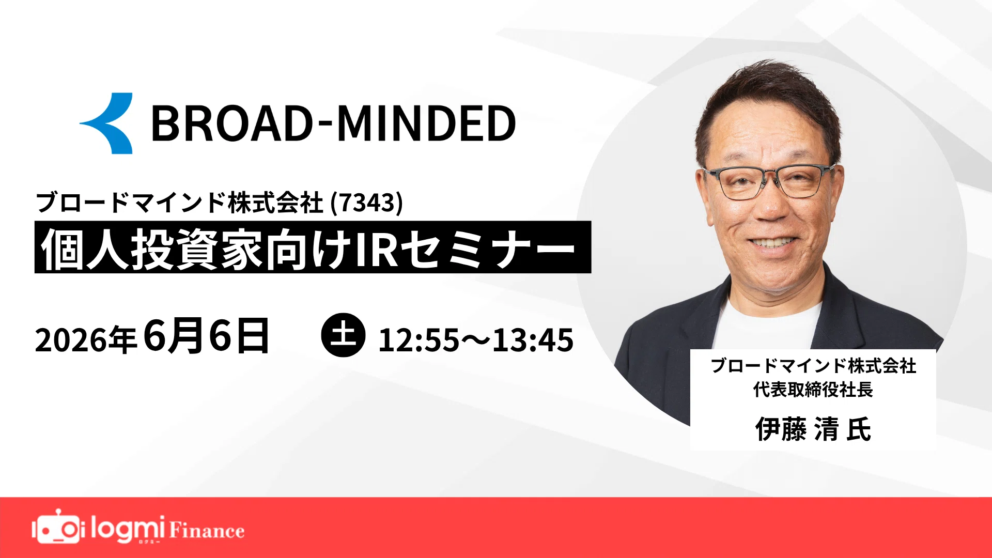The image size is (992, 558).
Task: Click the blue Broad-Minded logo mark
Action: tap(109, 123)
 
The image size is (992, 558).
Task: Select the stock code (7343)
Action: tap(366, 203)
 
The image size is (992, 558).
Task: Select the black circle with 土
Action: tap(343, 335)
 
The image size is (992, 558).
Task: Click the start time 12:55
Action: tap(419, 340)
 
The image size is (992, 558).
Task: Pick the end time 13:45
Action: tap(533, 340)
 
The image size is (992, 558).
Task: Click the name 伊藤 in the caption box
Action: tap(781, 429)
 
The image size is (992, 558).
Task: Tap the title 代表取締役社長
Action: tap(813, 390)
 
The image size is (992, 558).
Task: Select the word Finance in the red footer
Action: tap(207, 530)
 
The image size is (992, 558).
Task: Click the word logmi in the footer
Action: tap(128, 529)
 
